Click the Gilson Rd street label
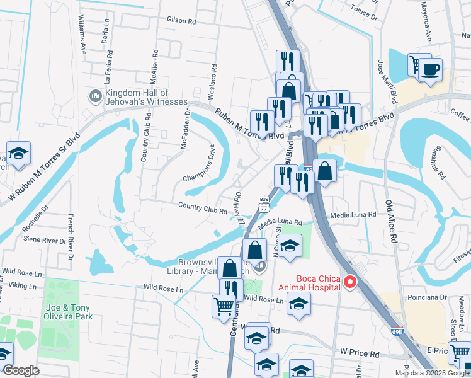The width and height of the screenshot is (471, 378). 181,20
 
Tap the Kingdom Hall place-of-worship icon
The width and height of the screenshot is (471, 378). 96,96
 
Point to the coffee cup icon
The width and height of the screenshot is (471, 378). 431,69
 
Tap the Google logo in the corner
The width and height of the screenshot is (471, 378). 21,370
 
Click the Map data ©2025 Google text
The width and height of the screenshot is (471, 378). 432,373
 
